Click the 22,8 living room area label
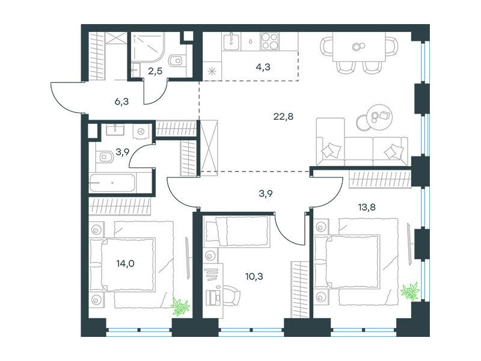(283, 117)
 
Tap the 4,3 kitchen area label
(263, 67)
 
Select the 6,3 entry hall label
(121, 102)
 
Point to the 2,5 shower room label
(155, 71)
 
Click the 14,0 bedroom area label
(125, 264)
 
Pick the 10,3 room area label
(254, 277)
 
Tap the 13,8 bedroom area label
(367, 208)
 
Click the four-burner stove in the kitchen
(269, 41)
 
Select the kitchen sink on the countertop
(231, 42)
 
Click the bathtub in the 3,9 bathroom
(112, 183)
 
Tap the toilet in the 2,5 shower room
(176, 61)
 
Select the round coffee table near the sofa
(379, 117)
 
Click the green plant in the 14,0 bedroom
(180, 307)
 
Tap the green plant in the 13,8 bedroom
(411, 291)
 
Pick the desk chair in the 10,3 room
(232, 295)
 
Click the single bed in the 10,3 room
(237, 231)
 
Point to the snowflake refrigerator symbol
(212, 72)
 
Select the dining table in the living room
(359, 47)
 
